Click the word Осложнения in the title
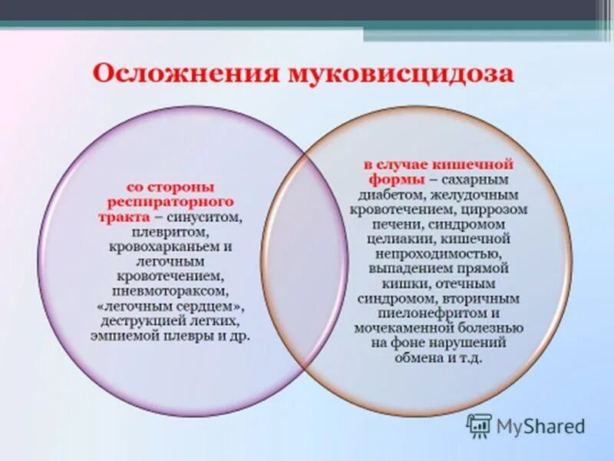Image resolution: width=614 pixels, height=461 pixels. [x=185, y=75]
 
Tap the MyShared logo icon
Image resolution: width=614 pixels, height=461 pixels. [x=479, y=425]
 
